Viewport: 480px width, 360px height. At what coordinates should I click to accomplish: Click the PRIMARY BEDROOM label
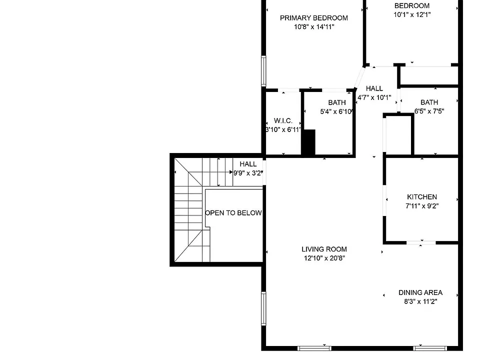314,18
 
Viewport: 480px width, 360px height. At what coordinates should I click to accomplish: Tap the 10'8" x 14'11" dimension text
314,27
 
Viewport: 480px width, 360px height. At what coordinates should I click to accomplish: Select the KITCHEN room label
422,197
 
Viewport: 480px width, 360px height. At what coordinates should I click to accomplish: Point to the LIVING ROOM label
324,249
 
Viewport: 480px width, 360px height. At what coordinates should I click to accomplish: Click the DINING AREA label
420,292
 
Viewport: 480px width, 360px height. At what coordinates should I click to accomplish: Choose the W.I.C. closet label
283,120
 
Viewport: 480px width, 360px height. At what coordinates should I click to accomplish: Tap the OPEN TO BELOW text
233,213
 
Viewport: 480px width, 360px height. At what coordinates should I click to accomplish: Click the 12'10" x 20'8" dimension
324,258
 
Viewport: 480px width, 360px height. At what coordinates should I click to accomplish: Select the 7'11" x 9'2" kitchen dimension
422,206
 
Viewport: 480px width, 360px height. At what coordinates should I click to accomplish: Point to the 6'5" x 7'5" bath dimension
429,111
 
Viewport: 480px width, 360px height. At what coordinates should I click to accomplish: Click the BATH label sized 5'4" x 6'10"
336,102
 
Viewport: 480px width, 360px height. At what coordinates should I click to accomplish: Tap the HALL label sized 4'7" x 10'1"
374,89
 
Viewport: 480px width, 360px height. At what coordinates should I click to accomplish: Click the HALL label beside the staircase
248,164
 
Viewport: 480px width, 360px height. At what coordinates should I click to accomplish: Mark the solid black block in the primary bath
308,142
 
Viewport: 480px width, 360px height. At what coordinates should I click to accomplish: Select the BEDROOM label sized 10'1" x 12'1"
411,6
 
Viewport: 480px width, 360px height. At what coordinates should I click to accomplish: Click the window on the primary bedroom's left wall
263,70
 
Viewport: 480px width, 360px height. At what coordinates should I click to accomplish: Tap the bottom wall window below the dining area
430,348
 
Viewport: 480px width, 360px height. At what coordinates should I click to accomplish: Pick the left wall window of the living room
263,308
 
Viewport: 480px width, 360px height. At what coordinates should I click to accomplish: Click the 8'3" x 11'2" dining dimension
420,301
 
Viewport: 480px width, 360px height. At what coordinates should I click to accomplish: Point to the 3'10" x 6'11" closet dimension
283,130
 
